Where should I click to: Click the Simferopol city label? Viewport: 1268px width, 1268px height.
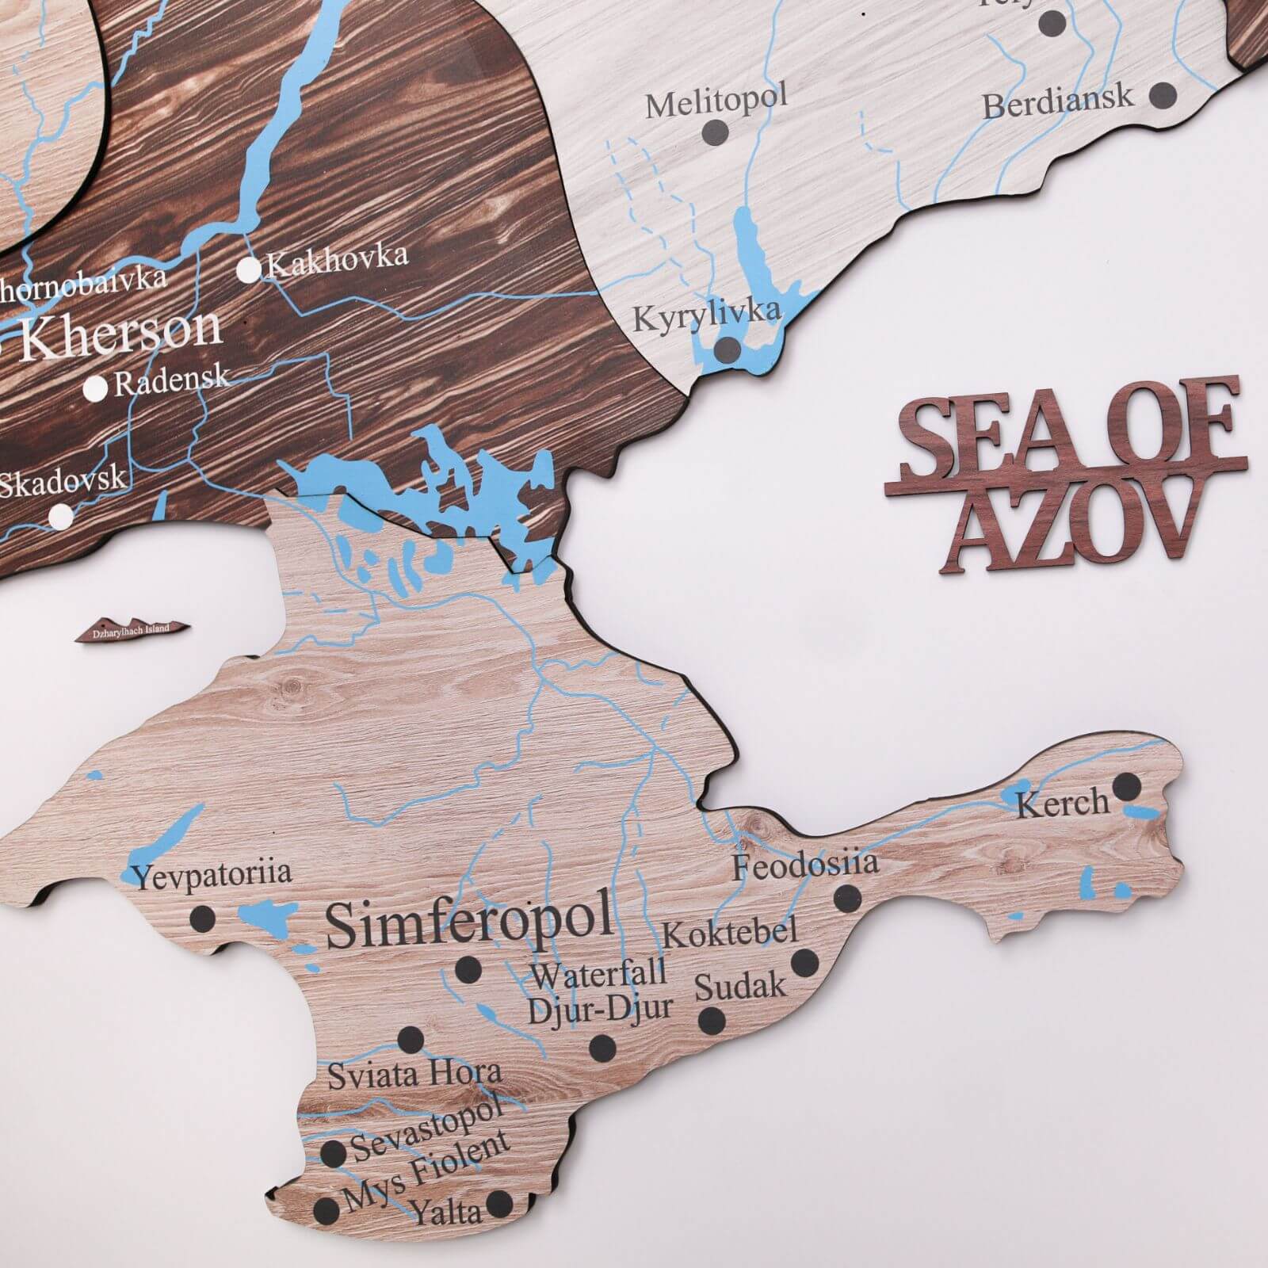click(x=469, y=919)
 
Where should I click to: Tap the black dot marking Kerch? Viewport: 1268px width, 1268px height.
click(x=1126, y=787)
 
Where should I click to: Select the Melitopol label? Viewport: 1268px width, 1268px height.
click(x=716, y=101)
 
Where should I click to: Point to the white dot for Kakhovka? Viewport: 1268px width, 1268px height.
click(x=249, y=270)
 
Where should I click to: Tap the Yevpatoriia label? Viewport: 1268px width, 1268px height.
click(x=212, y=875)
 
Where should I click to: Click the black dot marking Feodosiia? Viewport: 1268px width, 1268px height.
click(x=847, y=898)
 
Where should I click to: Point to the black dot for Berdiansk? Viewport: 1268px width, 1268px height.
click(x=1163, y=95)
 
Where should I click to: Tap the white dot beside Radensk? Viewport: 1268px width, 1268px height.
click(x=96, y=388)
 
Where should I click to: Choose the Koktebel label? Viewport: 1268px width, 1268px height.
click(x=729, y=932)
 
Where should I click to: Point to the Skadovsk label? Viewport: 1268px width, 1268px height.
click(x=62, y=480)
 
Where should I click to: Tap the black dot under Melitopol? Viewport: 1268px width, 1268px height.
click(x=716, y=131)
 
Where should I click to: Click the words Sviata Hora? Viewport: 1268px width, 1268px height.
click(x=414, y=1075)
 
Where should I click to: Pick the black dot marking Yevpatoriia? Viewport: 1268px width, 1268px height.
click(x=203, y=919)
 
